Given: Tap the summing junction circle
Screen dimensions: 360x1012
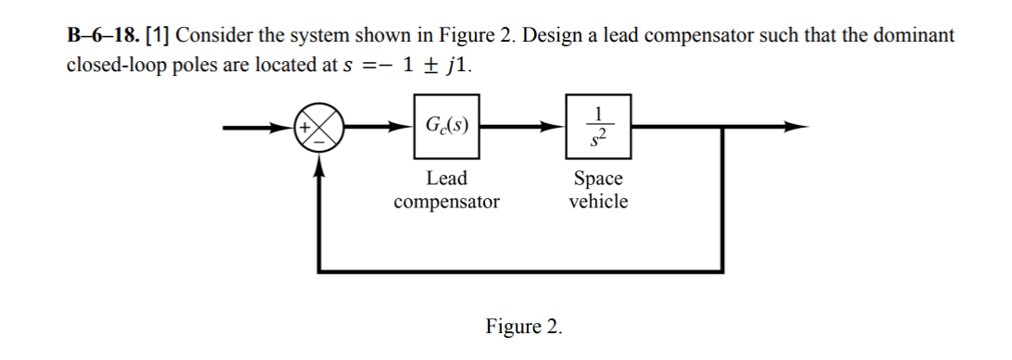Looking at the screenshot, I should pos(319,128).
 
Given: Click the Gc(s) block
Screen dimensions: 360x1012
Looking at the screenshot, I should pos(446,125).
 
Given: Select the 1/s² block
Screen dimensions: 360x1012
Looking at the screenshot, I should pos(598,125).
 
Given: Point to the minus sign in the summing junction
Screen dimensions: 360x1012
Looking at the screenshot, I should pos(319,142).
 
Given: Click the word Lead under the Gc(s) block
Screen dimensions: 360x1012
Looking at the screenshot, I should pos(446,178).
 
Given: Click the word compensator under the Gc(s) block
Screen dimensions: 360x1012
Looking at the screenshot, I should pos(446,201).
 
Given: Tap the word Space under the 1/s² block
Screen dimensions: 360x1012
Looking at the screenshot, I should pos(598,178).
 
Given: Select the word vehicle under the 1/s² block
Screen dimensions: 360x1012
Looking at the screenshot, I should pos(598,201).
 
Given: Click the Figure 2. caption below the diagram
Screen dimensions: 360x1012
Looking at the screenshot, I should pos(523,327).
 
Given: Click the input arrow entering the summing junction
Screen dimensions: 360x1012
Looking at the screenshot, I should pos(259,127).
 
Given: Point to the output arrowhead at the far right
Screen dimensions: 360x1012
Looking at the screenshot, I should pos(795,127).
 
